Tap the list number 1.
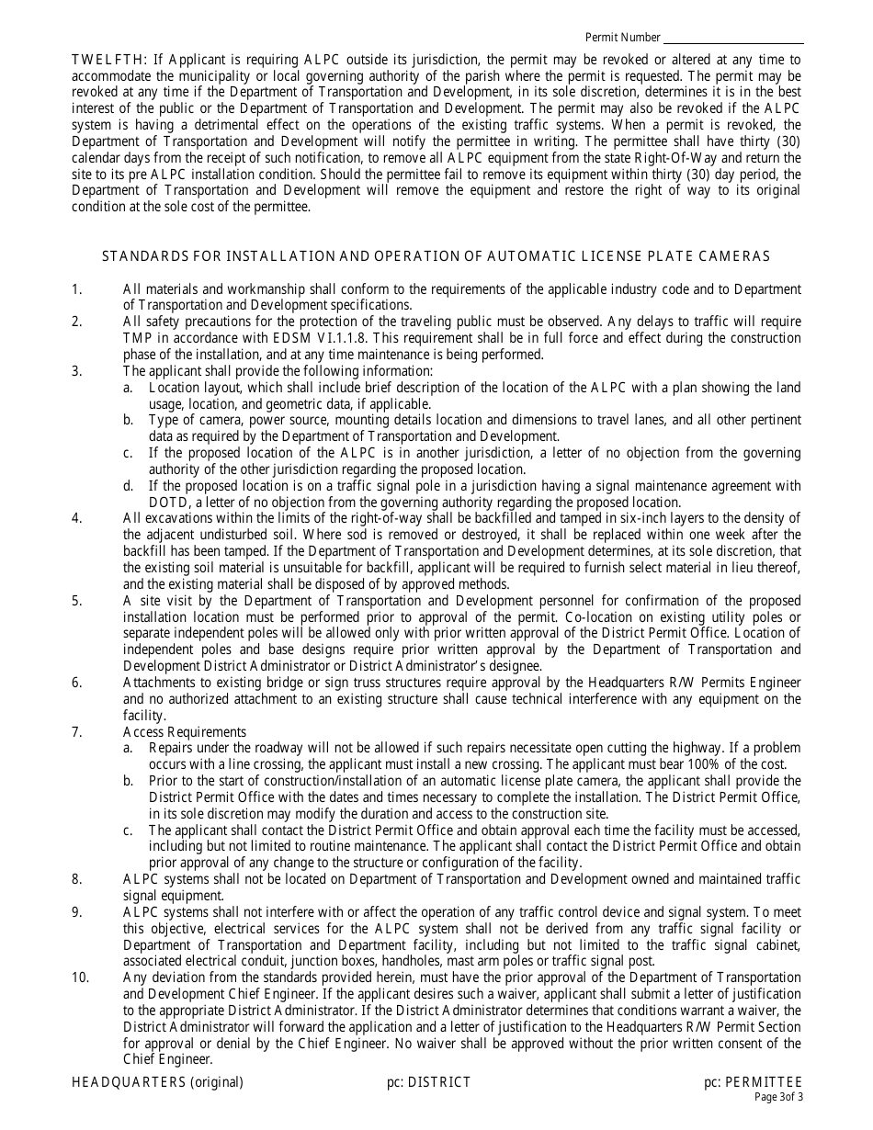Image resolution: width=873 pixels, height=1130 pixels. (x=77, y=290)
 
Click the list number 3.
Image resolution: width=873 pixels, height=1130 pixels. (x=77, y=371)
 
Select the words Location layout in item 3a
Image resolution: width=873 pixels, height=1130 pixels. (x=191, y=388)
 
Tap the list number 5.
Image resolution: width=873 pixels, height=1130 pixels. (x=77, y=601)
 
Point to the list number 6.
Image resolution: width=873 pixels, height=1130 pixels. (x=77, y=683)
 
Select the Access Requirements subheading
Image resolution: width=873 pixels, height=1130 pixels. (x=185, y=732)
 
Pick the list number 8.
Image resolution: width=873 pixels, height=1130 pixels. (x=77, y=880)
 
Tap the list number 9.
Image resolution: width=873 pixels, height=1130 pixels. (x=77, y=912)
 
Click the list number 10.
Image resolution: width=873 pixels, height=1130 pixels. (x=81, y=977)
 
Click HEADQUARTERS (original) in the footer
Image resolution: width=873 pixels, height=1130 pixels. (x=157, y=1082)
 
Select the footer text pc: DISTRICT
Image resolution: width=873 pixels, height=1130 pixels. (x=429, y=1082)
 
